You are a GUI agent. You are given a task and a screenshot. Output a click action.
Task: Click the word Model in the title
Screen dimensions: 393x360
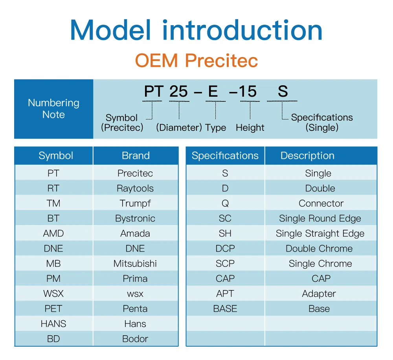click(110, 30)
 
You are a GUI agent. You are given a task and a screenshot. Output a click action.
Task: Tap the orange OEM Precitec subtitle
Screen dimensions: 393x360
click(196, 61)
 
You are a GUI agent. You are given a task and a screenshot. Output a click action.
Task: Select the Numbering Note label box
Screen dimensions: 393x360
click(53, 109)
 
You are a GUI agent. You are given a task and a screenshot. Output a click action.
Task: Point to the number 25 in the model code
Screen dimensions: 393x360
click(179, 91)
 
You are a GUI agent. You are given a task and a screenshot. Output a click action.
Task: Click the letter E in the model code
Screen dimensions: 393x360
click(213, 91)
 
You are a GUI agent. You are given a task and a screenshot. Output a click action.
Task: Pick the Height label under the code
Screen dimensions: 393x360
click(250, 128)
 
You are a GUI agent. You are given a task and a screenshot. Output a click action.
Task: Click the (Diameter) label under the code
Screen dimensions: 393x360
click(179, 128)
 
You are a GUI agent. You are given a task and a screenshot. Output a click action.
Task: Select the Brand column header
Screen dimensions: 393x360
click(136, 155)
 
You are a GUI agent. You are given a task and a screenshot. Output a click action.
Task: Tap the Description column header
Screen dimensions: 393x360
click(307, 155)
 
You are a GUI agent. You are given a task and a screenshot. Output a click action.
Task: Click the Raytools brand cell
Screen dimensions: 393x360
click(135, 188)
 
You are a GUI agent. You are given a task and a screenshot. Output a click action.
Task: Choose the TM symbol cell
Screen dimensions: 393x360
click(53, 203)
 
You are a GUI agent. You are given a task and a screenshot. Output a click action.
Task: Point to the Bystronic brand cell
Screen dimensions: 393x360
click(135, 219)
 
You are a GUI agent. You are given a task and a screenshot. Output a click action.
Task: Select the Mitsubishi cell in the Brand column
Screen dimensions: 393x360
click(135, 263)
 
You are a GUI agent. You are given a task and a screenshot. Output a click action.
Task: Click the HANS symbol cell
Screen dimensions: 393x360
click(53, 324)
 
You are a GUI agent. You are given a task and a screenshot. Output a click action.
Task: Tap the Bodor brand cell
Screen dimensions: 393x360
click(135, 339)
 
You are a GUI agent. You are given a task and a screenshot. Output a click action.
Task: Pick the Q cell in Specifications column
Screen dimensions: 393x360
click(225, 203)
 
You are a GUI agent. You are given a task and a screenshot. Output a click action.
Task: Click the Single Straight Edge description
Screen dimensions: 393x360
click(320, 234)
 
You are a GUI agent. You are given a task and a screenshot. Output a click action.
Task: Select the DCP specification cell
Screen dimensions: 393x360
click(225, 248)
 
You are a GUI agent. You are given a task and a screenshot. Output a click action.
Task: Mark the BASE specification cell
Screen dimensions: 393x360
click(225, 309)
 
